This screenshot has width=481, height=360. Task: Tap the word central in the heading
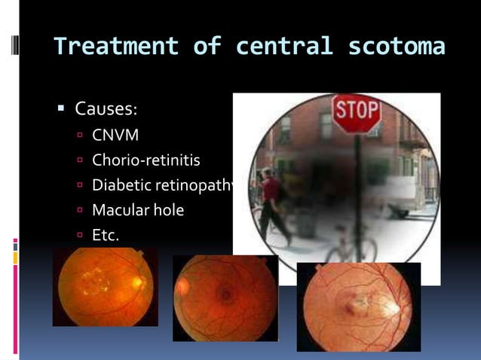click(283, 47)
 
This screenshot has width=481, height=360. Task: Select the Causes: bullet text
click(106, 109)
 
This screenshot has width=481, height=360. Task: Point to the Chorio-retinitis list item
click(146, 160)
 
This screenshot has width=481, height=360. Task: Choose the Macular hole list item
click(138, 210)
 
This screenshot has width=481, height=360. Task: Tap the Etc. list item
click(106, 235)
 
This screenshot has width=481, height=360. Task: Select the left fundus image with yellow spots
click(105, 286)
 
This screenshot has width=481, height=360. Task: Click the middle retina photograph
click(225, 297)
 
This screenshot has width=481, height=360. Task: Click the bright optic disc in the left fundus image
click(137, 283)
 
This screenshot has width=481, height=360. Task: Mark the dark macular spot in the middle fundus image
click(225, 294)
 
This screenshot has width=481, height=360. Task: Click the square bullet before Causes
click(63, 110)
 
